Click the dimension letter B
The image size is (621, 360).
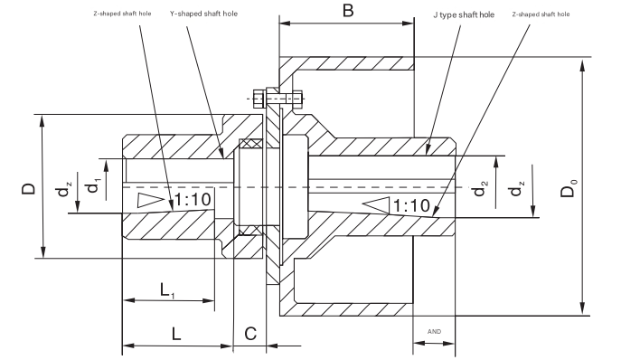348,12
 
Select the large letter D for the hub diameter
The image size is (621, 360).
29,188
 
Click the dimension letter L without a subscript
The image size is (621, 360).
176,332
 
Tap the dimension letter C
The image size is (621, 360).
250,332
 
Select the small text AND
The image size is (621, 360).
434,331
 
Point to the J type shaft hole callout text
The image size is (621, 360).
458,15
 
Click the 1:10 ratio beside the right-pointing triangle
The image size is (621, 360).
193,200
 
